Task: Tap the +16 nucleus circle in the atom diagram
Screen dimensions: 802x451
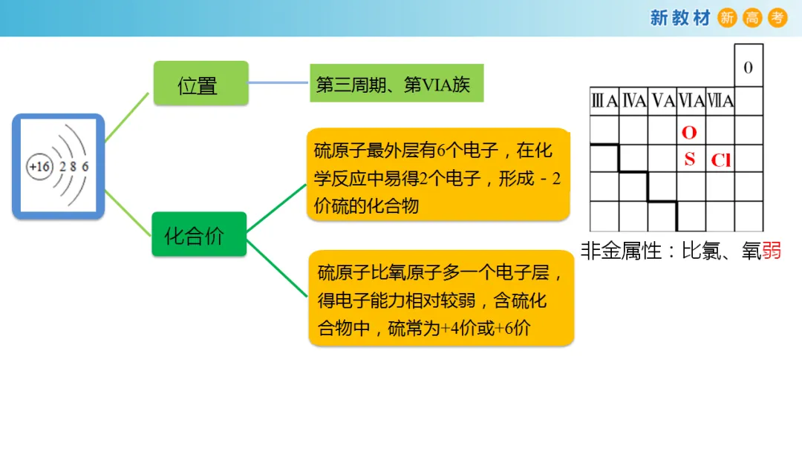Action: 39,167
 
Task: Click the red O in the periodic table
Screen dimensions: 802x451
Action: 689,133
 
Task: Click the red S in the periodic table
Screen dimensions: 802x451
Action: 690,159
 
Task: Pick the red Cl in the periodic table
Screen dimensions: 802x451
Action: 720,160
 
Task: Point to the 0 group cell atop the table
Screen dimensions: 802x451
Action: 748,68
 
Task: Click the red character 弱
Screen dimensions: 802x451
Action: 772,251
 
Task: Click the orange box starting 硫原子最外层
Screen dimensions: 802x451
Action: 438,175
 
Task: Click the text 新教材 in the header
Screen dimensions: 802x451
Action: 680,18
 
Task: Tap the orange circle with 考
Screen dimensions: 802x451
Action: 777,18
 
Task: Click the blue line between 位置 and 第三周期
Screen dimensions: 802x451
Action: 279,83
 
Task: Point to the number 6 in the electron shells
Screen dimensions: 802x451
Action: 85,167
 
